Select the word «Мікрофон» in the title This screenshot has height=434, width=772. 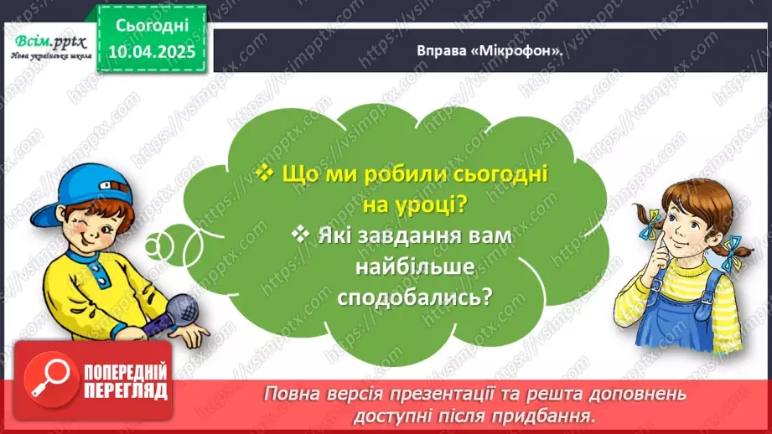click(533, 51)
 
